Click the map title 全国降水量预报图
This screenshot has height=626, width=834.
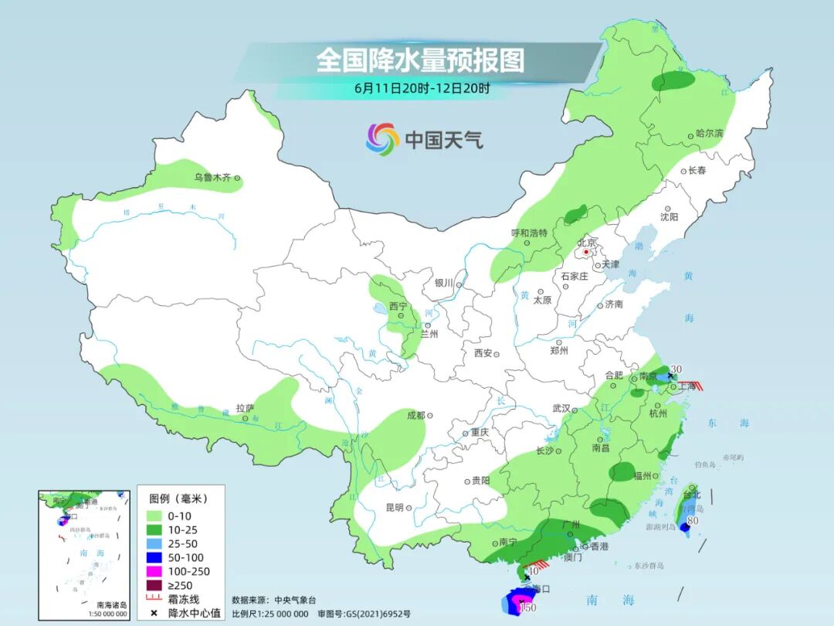pyautogui.click(x=420, y=60)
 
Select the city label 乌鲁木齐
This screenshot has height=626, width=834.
pyautogui.click(x=212, y=178)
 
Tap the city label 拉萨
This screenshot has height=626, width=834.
pyautogui.click(x=245, y=408)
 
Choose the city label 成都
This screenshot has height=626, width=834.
pyautogui.click(x=415, y=415)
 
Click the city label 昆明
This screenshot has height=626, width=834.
pyautogui.click(x=394, y=508)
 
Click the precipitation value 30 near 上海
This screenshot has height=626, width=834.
pyautogui.click(x=677, y=369)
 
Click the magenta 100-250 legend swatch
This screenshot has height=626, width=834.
pyautogui.click(x=153, y=571)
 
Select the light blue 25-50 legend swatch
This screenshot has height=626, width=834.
pyautogui.click(x=153, y=543)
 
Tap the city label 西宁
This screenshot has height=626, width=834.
pyautogui.click(x=398, y=306)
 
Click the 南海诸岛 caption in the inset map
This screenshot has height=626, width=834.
pyautogui.click(x=111, y=605)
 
